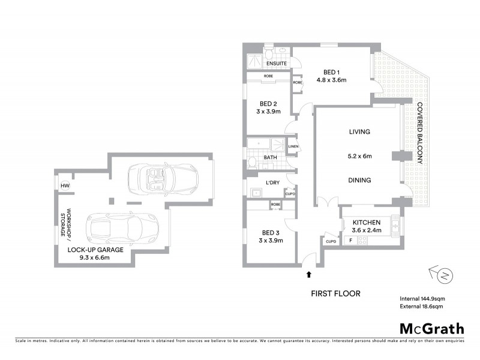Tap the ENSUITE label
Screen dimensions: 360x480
(276, 64)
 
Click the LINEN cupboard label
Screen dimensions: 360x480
(293, 146)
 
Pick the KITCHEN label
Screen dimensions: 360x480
(367, 223)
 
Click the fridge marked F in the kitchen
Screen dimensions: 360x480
(350, 241)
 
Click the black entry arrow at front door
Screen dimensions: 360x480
(309, 275)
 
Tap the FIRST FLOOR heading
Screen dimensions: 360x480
(335, 294)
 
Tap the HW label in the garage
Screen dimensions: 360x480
(64, 187)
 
